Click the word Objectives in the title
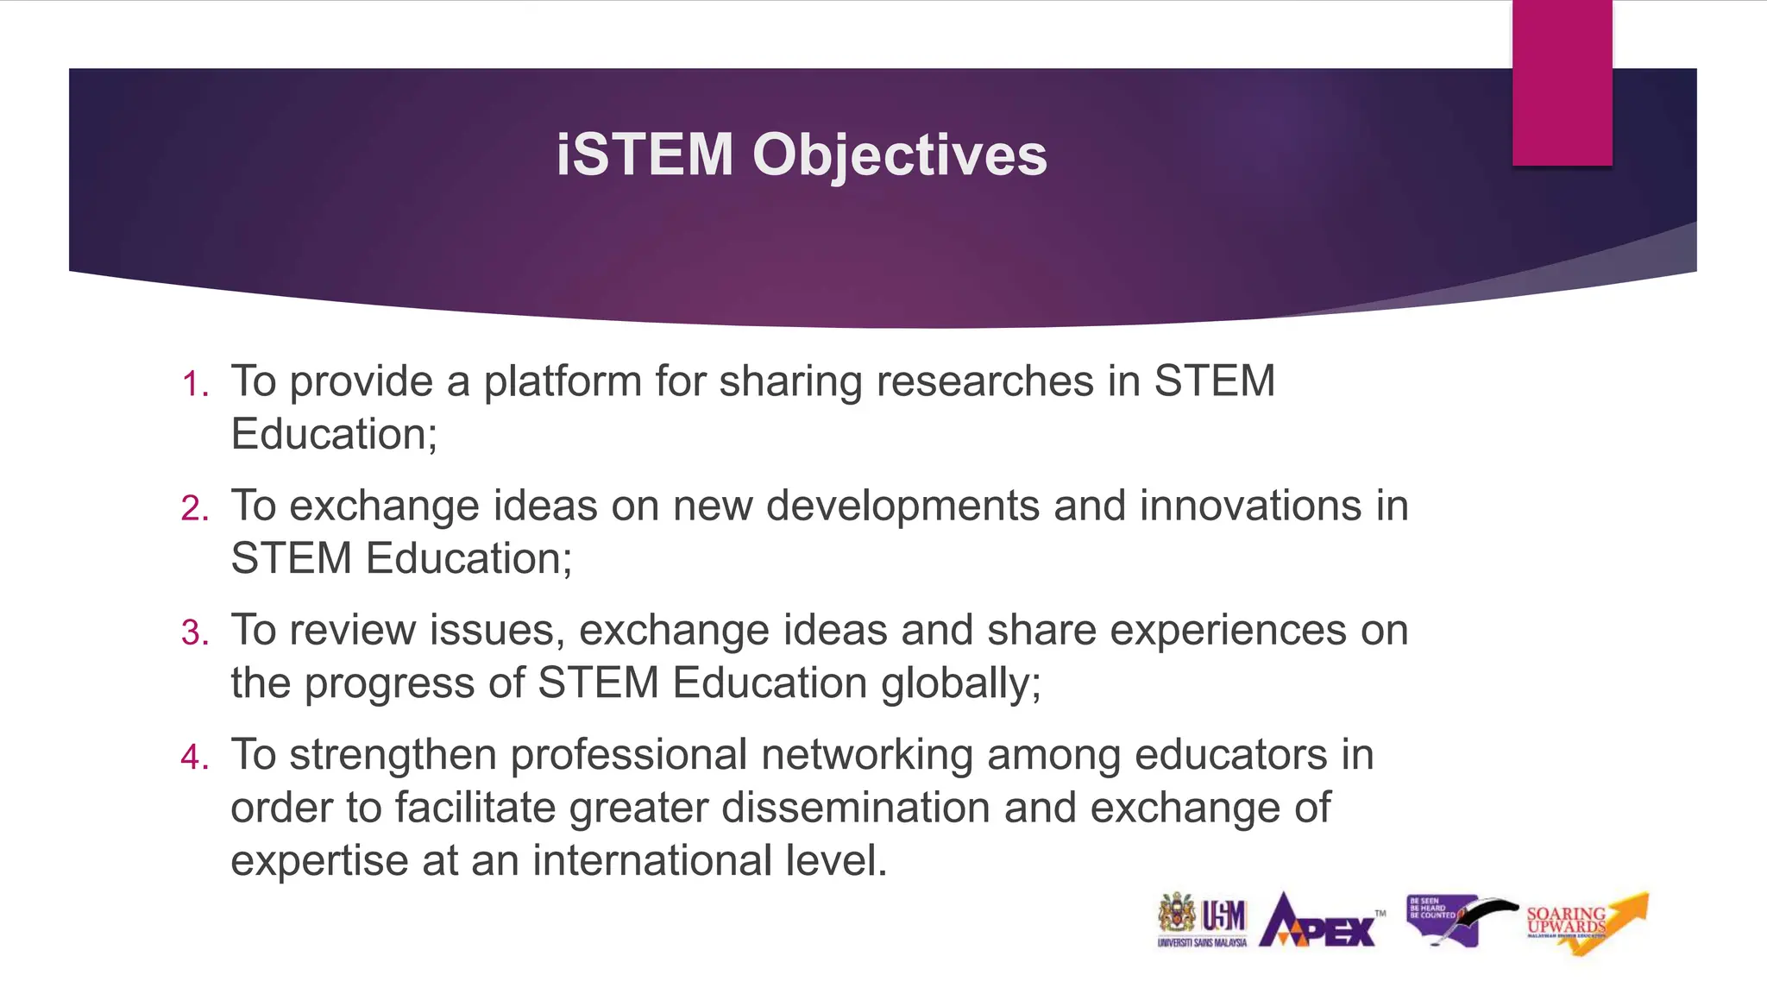tap(899, 157)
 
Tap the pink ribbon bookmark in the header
tap(1562, 83)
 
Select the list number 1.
tap(195, 384)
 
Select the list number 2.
tap(195, 508)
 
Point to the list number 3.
tap(195, 632)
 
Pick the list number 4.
tap(195, 758)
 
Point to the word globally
tap(960, 684)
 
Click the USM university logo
tap(1202, 920)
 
